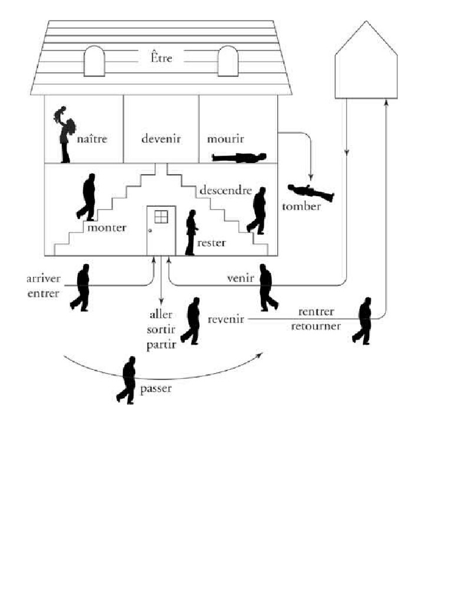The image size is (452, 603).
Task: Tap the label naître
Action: (x=92, y=140)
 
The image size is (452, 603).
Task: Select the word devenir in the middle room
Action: (x=161, y=139)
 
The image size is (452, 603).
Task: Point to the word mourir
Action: (x=224, y=140)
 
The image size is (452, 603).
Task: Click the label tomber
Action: (x=301, y=206)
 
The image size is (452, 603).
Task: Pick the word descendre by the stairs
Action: (x=225, y=191)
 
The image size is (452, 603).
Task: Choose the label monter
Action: (x=107, y=228)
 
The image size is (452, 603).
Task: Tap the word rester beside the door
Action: (x=212, y=242)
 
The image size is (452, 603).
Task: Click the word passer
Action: (x=156, y=389)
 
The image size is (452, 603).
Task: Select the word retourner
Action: (x=316, y=325)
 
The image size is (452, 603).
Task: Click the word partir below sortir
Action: (x=161, y=345)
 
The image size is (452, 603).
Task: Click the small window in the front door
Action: (x=161, y=217)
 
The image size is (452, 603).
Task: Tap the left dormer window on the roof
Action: (x=94, y=61)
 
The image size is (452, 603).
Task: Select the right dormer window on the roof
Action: (x=228, y=61)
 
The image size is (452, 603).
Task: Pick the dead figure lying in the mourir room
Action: (x=240, y=157)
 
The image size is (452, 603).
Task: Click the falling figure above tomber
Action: (x=310, y=192)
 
